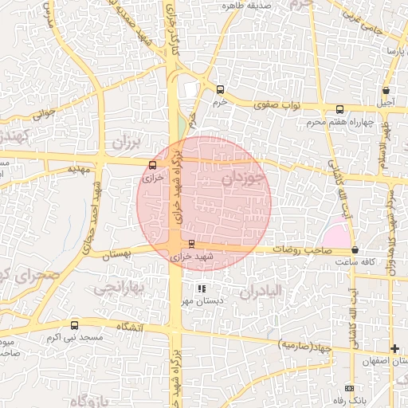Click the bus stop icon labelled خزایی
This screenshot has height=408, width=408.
[x=152, y=165]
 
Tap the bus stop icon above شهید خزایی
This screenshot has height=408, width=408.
[x=191, y=244]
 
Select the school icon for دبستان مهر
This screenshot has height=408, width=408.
[x=202, y=288]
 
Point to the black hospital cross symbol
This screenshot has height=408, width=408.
[x=394, y=349]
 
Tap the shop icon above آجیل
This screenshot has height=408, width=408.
[x=386, y=91]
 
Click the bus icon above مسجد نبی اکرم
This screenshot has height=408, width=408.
[x=75, y=325]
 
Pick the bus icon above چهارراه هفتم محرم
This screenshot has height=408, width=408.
[x=339, y=110]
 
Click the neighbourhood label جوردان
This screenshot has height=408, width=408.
[x=241, y=178]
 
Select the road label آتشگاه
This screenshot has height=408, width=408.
[x=129, y=328]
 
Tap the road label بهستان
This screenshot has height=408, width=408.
[x=110, y=253]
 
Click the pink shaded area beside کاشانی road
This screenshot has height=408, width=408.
[x=336, y=237]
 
